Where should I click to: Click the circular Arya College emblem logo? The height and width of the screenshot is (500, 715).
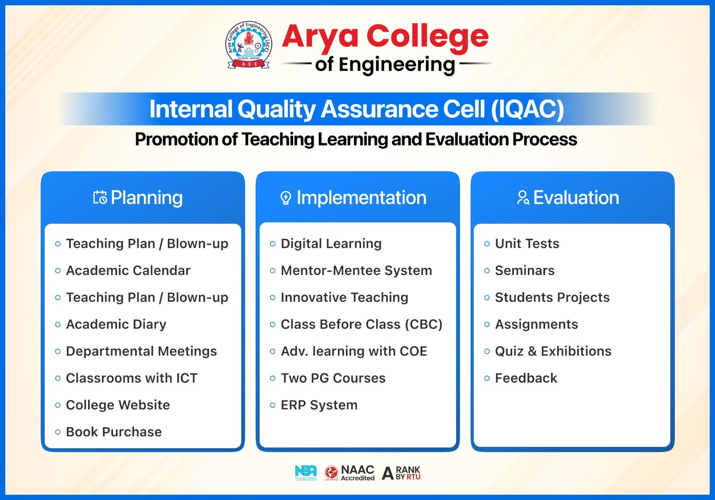pos(248,45)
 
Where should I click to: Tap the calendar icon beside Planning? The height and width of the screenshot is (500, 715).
pos(100,197)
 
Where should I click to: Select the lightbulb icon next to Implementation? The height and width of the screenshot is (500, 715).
pos(286,198)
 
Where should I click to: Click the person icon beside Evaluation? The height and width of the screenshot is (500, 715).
pos(523,197)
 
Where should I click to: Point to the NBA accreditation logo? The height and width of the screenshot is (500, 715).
pos(306,473)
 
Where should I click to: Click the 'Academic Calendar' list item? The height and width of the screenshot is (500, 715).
pos(128,271)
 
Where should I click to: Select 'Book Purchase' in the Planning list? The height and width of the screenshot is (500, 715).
pos(114,432)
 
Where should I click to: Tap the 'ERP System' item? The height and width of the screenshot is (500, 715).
pos(319,405)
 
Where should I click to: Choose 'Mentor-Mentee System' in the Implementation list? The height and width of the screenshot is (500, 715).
pos(356,271)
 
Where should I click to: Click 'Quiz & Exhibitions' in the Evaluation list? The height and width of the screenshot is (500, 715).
pos(553,351)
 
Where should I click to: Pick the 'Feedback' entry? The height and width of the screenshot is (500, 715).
pos(526,378)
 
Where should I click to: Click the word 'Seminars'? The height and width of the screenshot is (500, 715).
pos(525,271)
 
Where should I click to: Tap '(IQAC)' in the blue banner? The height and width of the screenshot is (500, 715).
pos(527,109)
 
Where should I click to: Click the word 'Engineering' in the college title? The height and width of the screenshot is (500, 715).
pos(397,65)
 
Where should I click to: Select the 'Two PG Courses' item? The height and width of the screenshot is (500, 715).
pos(333,378)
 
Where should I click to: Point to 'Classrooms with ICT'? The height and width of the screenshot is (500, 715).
pos(131,378)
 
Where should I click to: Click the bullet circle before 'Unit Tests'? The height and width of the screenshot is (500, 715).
pos(487,244)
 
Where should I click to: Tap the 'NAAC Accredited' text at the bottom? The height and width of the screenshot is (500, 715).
pos(357,473)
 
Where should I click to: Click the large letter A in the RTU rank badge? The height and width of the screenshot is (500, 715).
pos(387,474)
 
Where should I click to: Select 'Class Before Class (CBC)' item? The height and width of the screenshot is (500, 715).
pos(362,325)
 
